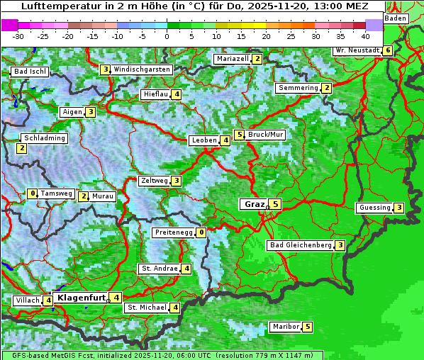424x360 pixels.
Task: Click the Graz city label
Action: pos(254,204)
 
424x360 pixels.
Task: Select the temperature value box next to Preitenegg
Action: pos(202,232)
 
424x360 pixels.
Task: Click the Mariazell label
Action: pos(232,59)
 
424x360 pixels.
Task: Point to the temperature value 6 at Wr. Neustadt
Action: pos(387,50)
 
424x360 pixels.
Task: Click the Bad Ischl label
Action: pos(30,72)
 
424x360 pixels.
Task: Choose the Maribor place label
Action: pos(285,327)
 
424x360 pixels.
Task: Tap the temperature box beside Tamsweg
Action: pos(32,193)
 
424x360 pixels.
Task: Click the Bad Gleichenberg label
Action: pos(300,245)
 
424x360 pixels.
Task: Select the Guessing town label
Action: pos(374,208)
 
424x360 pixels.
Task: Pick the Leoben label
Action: pos(204,140)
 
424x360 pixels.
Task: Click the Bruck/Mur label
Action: pos(266,135)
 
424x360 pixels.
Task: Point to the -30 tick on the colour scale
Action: pos(18,36)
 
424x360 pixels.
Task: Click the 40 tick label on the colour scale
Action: pos(365,36)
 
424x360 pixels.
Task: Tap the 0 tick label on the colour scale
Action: pos(167,36)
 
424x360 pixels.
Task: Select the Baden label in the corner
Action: pos(396,18)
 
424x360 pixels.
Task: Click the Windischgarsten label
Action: pos(142,69)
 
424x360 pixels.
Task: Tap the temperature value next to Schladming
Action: pos(22,148)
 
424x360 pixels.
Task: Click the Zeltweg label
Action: pos(155,181)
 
